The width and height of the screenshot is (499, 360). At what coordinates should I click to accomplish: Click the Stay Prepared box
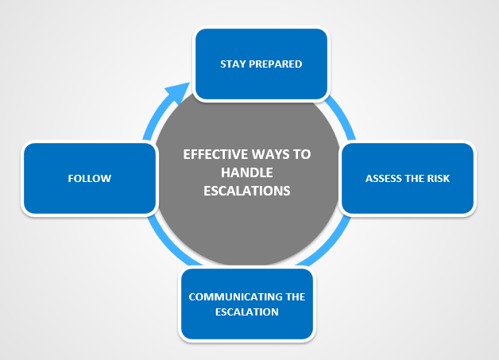pos(261,64)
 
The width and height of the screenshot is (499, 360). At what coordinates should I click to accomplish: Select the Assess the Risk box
pos(408,178)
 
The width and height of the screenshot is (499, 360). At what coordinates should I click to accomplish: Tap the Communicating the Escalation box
pos(246,304)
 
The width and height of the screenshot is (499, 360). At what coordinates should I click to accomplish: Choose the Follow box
pos(89,178)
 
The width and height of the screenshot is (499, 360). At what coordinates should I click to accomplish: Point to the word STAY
pos(233,64)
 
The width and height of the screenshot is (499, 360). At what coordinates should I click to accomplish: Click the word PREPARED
pos(275,64)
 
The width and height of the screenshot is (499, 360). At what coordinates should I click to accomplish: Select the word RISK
pos(438,178)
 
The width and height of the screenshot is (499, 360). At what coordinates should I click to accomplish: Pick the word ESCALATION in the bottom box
pos(247,312)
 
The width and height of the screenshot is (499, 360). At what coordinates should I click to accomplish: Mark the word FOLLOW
pos(89,178)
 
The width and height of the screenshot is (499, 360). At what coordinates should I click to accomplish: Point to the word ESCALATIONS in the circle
pos(246,191)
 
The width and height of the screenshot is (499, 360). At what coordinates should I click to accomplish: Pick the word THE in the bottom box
pos(296,297)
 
